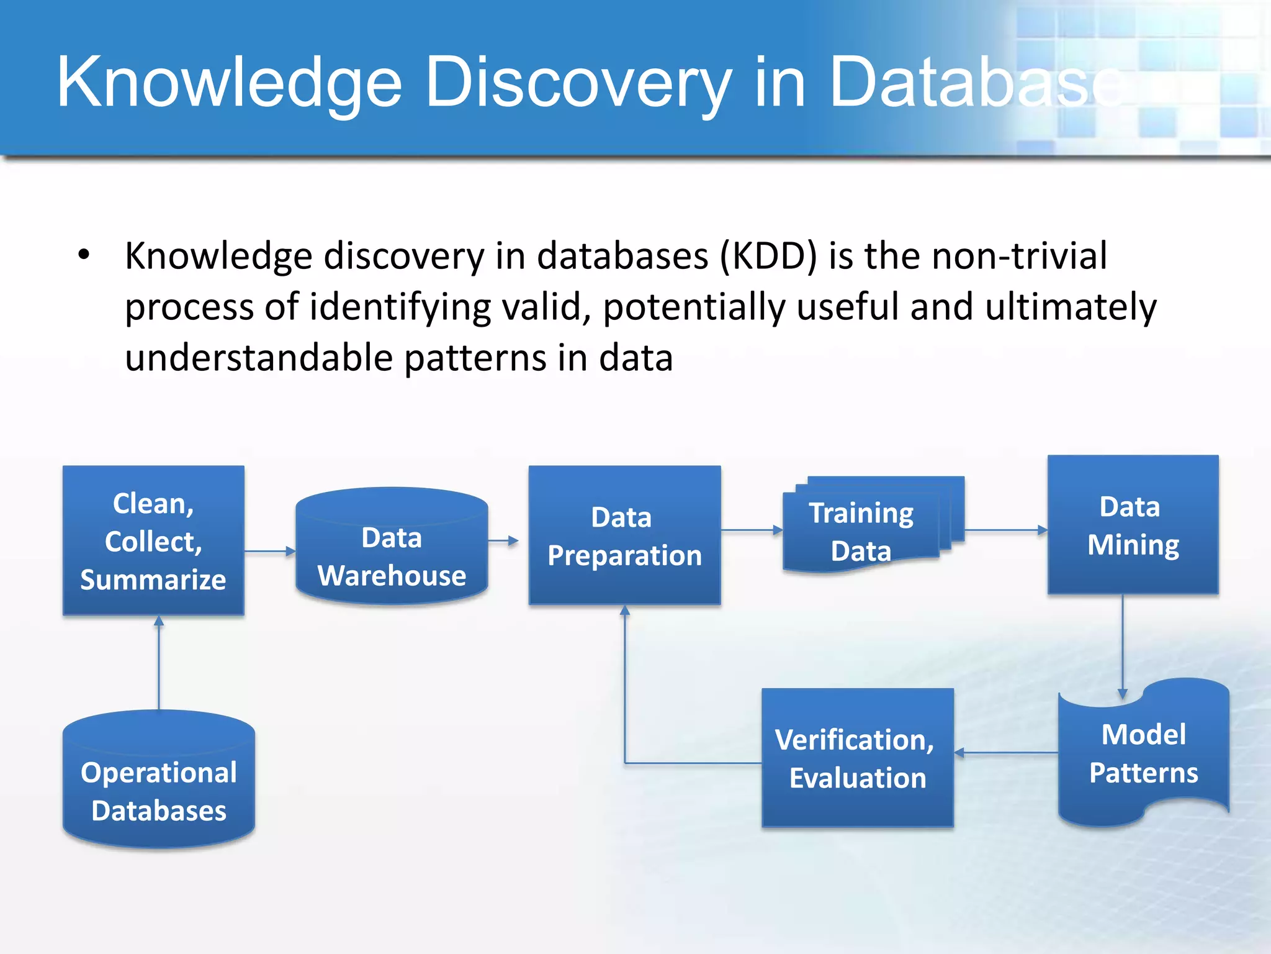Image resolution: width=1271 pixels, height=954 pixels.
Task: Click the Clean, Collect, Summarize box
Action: coord(153,540)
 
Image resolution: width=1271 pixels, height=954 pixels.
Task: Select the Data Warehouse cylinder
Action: coord(392,547)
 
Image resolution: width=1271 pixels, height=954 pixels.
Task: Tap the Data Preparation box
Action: coord(624,535)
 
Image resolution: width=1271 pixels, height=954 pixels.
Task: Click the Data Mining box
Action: coord(1133,525)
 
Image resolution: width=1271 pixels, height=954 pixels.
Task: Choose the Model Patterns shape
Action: coord(1143,753)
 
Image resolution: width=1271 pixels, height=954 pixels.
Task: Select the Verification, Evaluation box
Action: coord(857,758)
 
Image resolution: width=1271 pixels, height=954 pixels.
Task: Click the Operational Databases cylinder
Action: coord(159,783)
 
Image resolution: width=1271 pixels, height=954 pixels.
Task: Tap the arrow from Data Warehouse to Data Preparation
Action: coord(503,540)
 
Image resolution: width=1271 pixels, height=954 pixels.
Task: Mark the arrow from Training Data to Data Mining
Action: coord(1006,530)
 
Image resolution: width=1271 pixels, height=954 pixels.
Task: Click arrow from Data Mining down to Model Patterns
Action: coord(1122,646)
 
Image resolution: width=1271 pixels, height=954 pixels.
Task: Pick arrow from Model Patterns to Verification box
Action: coord(1006,753)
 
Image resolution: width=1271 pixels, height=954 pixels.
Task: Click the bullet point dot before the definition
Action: coord(84,255)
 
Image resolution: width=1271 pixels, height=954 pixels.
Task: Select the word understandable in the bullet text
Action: coord(259,358)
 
